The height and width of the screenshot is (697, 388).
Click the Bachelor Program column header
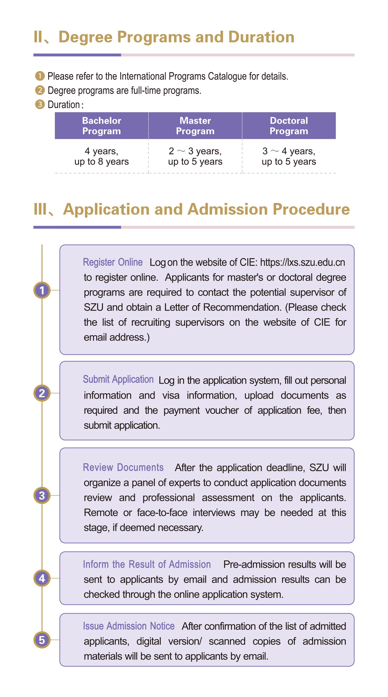[102, 126]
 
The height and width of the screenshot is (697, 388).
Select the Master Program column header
[195, 126]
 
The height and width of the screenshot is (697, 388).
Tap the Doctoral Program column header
[289, 126]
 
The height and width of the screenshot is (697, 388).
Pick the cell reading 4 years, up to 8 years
[102, 156]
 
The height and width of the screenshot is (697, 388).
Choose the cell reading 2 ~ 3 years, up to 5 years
[195, 156]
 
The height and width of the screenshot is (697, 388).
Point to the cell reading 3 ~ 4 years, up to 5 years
[289, 156]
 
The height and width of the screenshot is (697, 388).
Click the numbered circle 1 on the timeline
[42, 290]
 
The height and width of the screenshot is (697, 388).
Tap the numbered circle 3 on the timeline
[42, 495]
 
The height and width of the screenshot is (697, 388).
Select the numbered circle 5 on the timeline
[42, 640]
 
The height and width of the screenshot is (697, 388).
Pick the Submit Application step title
[118, 379]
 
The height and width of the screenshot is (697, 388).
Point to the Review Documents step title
[123, 467]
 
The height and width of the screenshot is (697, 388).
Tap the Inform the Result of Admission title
[147, 564]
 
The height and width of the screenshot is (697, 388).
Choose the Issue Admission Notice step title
[129, 626]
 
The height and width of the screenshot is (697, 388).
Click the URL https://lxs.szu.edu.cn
[303, 262]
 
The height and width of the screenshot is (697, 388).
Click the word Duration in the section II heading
[261, 37]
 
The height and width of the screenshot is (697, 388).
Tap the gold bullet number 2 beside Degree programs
[40, 90]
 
